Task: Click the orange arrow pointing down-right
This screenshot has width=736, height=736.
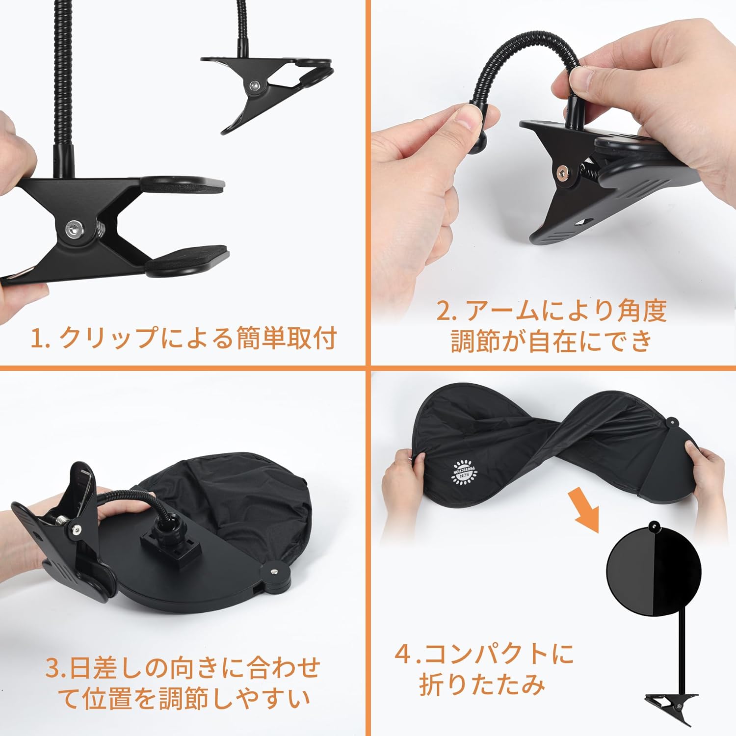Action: (584, 510)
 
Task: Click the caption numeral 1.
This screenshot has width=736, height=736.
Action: (36, 339)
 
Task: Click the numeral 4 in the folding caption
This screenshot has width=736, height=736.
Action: (404, 654)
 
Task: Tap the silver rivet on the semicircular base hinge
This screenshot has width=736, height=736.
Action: (273, 572)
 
